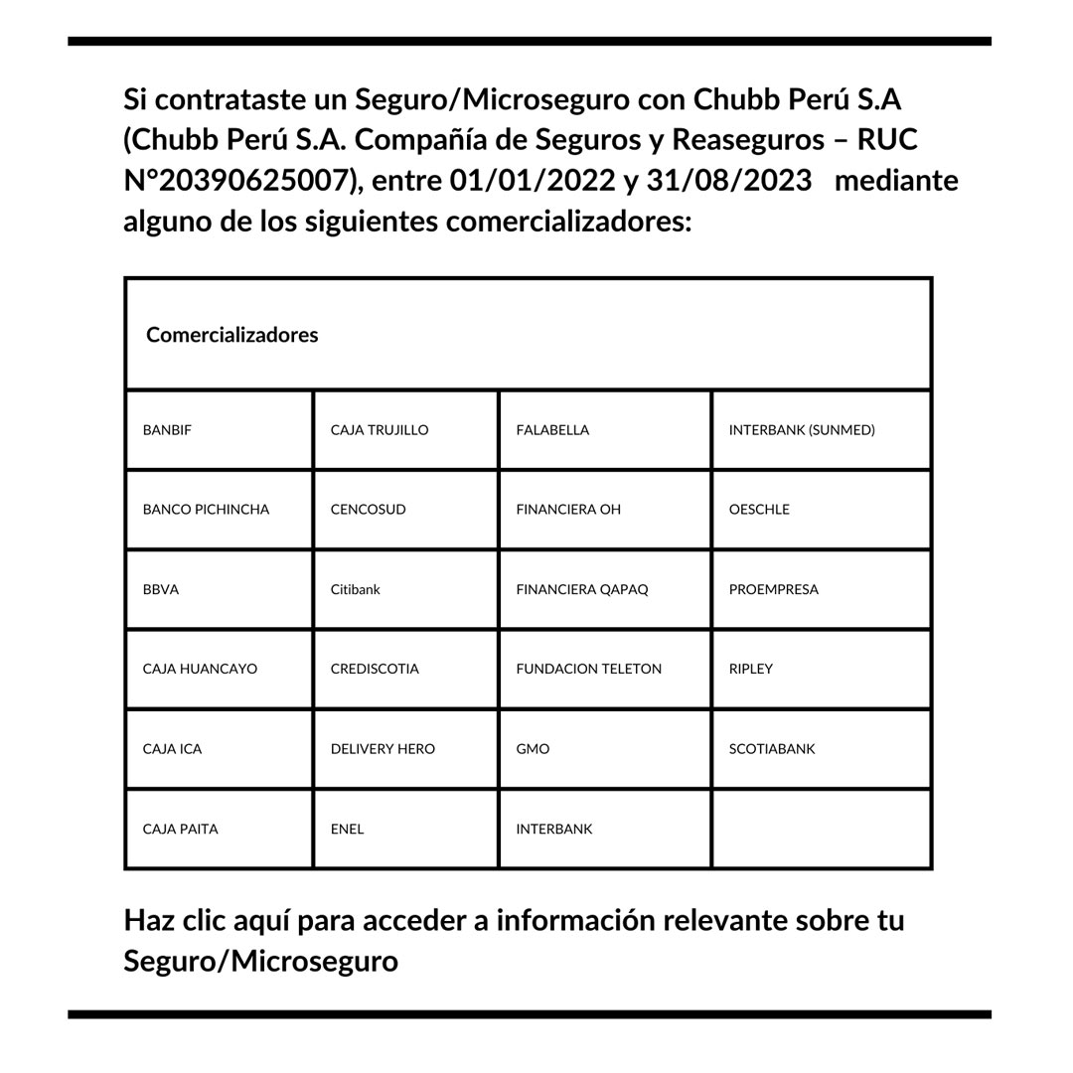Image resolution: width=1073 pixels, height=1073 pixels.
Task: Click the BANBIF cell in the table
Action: [x=168, y=430]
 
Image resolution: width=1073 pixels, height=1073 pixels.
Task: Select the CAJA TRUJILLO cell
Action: [x=380, y=430]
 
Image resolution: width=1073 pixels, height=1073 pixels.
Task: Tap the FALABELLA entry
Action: [x=552, y=430]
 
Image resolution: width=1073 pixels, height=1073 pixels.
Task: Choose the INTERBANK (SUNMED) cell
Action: [x=802, y=430]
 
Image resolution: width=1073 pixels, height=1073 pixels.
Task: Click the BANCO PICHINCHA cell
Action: [x=206, y=510]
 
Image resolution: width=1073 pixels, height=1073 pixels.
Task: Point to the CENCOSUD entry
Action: [x=369, y=510]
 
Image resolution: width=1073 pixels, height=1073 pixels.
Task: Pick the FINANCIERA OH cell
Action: [x=568, y=510]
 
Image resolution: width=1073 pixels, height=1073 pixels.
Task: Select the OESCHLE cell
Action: [x=759, y=510]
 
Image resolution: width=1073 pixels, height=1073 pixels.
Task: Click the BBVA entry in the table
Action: [x=161, y=589]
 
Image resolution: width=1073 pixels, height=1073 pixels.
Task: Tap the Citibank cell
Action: [x=356, y=589]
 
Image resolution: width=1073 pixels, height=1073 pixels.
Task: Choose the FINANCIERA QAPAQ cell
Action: [x=582, y=589]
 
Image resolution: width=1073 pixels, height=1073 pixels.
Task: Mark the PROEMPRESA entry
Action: [x=774, y=589]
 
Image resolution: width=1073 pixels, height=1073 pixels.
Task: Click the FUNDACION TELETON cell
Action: [x=589, y=669]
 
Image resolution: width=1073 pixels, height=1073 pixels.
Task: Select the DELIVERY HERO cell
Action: [x=383, y=749]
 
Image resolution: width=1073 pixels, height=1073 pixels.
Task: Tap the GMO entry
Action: [x=533, y=749]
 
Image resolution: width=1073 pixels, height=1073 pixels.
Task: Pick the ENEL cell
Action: [x=348, y=829]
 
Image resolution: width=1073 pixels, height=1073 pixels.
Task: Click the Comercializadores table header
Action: [x=232, y=335]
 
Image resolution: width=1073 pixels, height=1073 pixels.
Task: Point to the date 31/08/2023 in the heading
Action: [x=728, y=181]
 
